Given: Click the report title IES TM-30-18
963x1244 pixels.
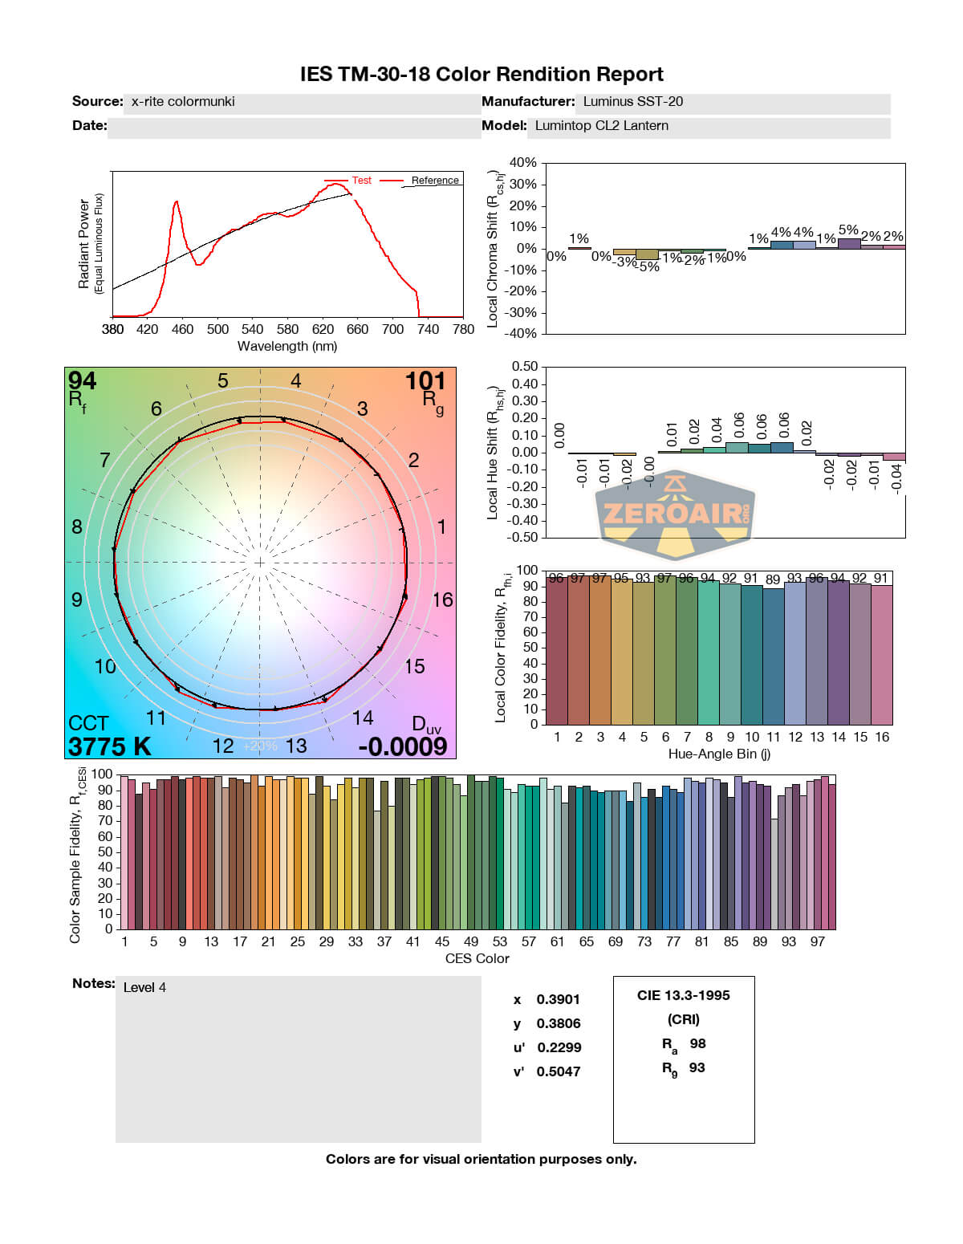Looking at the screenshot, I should click(481, 75).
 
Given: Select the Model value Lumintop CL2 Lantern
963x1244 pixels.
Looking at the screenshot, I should click(601, 126).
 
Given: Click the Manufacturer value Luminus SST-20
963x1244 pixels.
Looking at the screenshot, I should click(632, 102).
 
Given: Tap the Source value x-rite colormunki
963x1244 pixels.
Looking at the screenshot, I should click(183, 102).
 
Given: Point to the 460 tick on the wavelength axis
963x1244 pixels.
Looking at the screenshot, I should click(182, 329).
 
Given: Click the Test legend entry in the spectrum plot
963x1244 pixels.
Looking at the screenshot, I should click(361, 181).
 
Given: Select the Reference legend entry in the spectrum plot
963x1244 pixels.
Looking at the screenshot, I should click(435, 181).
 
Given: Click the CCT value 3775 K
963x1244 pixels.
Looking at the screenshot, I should click(109, 747).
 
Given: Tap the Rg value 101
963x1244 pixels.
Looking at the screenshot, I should click(425, 381).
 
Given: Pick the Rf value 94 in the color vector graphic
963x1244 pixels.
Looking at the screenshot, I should click(82, 380).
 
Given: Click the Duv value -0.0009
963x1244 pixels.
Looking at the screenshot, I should click(402, 747).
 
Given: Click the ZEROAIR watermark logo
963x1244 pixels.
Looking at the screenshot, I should click(674, 514).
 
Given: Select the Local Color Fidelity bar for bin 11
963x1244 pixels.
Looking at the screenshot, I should click(774, 657).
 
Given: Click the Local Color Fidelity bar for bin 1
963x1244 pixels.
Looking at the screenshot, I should click(556, 650).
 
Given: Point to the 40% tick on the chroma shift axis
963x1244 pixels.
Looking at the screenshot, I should click(523, 163).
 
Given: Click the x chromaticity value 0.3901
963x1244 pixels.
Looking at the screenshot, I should click(558, 1000).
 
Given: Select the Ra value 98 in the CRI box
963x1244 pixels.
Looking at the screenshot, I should click(697, 1044).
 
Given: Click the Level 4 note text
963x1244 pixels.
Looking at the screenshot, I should click(144, 988).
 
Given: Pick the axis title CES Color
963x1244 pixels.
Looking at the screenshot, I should click(477, 959).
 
